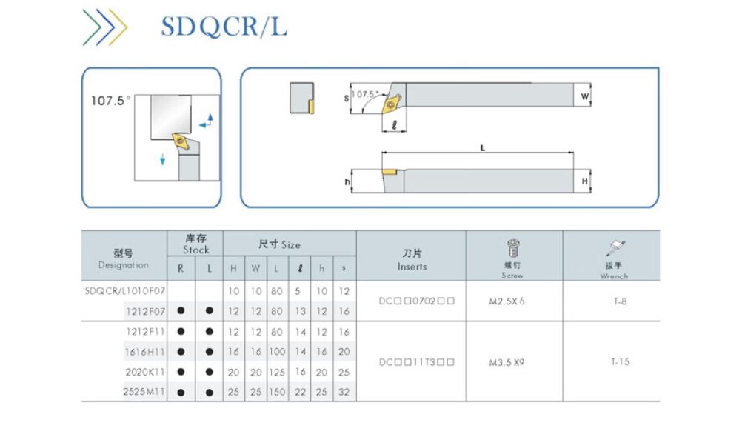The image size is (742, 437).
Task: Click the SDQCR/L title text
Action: click(x=224, y=27)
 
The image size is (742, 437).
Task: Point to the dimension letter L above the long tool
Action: click(x=483, y=147)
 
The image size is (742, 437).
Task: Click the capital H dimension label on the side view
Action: click(x=585, y=181)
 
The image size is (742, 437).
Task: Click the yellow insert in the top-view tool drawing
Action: click(x=390, y=106)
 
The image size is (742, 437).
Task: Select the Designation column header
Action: click(x=123, y=259)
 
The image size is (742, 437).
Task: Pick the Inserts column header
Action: click(x=412, y=260)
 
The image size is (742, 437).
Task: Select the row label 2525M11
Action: click(x=144, y=391)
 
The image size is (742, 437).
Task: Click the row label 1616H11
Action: click(x=145, y=352)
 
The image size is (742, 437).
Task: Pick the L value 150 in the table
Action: click(x=276, y=391)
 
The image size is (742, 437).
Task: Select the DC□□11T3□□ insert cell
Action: click(x=411, y=362)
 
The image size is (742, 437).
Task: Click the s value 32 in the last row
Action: click(x=344, y=391)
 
